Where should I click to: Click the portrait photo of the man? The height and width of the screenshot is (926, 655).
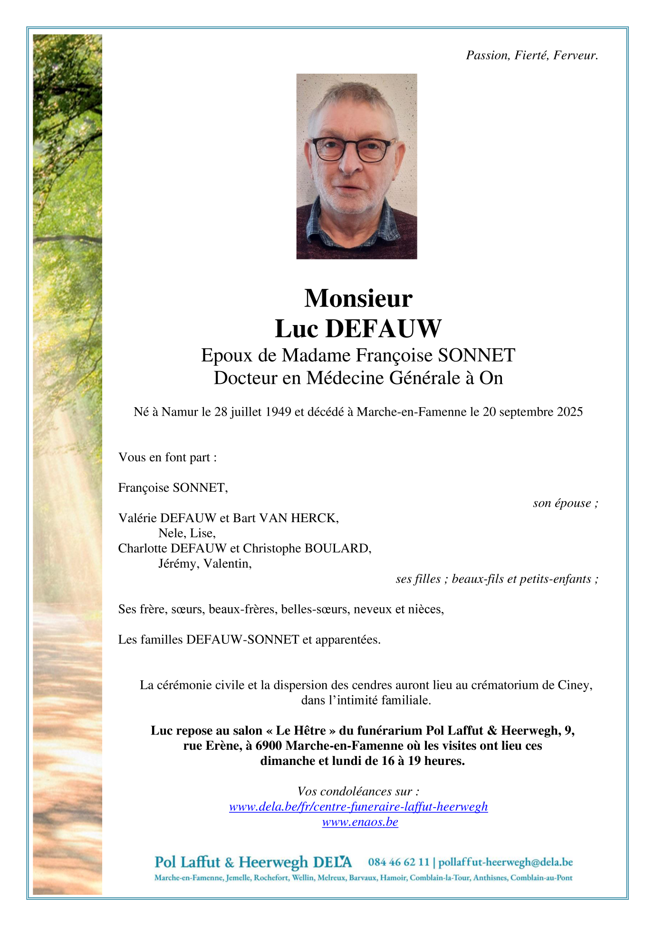coord(356,166)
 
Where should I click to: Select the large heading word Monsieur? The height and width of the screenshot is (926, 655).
coord(358,298)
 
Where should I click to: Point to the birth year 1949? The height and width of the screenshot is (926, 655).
coord(278,412)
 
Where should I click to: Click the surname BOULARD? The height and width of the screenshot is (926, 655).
coord(337,548)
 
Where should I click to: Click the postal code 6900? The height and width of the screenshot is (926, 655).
coord(269,746)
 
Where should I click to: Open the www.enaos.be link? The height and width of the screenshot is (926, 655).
coord(360,822)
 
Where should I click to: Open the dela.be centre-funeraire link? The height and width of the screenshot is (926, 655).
coord(358,807)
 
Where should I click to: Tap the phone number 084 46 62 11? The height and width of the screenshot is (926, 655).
coord(398,862)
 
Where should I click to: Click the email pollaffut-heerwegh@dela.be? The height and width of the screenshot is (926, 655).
coord(505,862)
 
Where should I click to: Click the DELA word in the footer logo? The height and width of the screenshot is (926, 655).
coord(333,862)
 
